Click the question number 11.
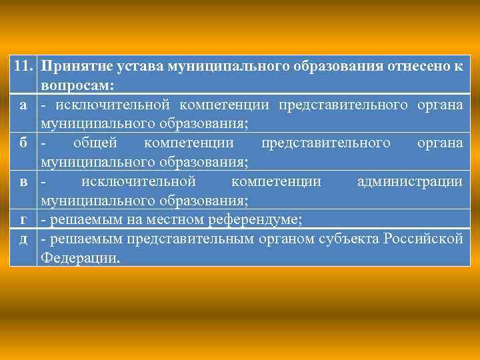[23, 67]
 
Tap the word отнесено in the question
[419, 67]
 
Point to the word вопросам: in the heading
[77, 86]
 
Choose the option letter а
[23, 105]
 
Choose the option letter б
[23, 143]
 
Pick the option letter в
[23, 181]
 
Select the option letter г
[23, 219]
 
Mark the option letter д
[23, 239]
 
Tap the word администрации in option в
[409, 181]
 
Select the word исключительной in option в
[138, 181]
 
